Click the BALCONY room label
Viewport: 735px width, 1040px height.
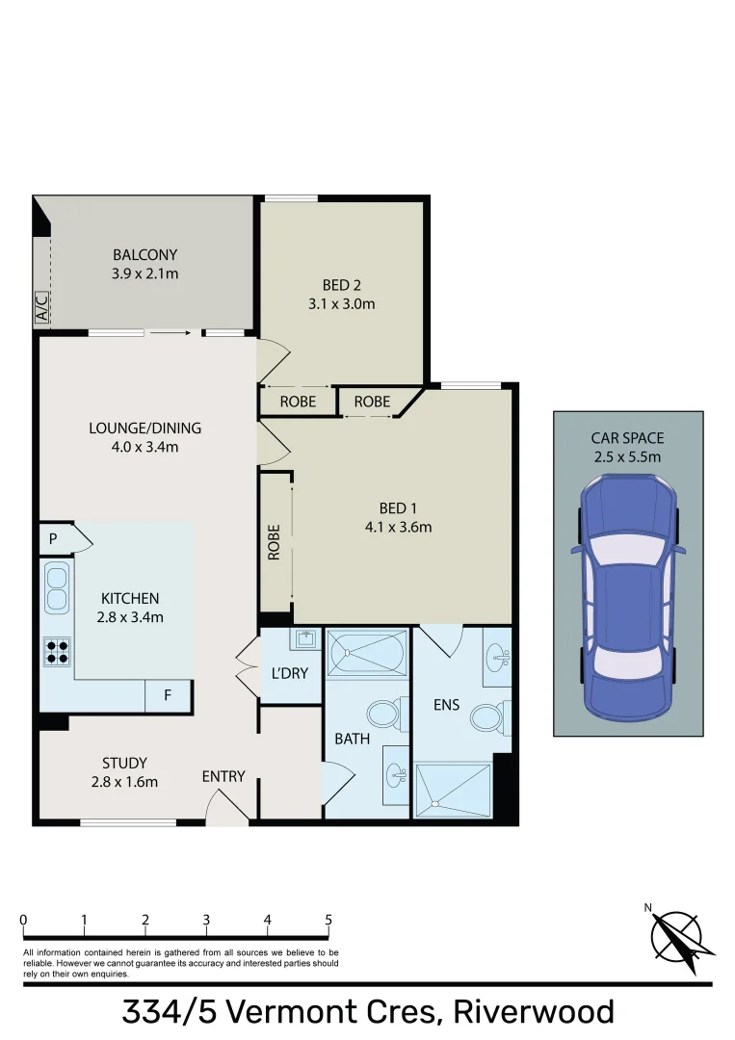[x=144, y=255]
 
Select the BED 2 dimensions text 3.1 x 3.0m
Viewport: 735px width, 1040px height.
[x=341, y=304]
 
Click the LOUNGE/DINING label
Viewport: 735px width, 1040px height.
[x=144, y=428]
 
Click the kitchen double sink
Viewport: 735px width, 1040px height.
[x=57, y=587]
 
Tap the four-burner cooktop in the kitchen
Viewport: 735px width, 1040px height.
[x=57, y=652]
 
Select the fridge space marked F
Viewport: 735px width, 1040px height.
[x=168, y=695]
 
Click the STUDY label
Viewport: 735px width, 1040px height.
[x=124, y=764]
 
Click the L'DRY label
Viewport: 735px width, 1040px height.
[x=289, y=673]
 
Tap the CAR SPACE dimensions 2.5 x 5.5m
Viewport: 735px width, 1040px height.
[x=627, y=456]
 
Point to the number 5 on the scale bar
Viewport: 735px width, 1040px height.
[x=328, y=919]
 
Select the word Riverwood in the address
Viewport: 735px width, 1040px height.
[x=534, y=1012]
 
